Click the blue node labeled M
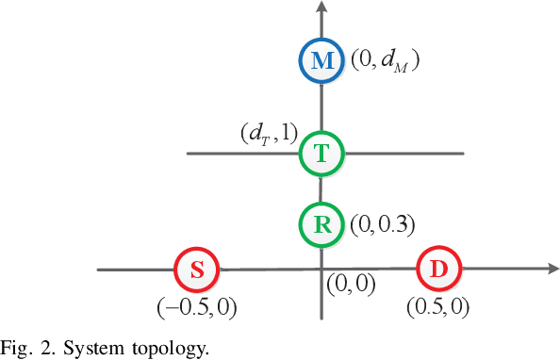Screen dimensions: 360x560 (322, 61)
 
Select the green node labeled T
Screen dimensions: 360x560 (322, 154)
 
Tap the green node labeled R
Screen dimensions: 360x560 (322, 223)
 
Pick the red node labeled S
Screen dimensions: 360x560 (197, 270)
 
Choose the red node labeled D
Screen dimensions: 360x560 (438, 270)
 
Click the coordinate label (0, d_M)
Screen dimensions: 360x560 (385, 61)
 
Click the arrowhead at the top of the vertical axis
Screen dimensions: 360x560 (322, 8)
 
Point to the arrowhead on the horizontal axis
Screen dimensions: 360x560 (552, 270)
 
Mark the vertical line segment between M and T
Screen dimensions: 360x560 (322, 106)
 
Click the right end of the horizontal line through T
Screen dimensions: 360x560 (463, 154)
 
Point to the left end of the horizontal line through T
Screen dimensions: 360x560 (189, 154)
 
